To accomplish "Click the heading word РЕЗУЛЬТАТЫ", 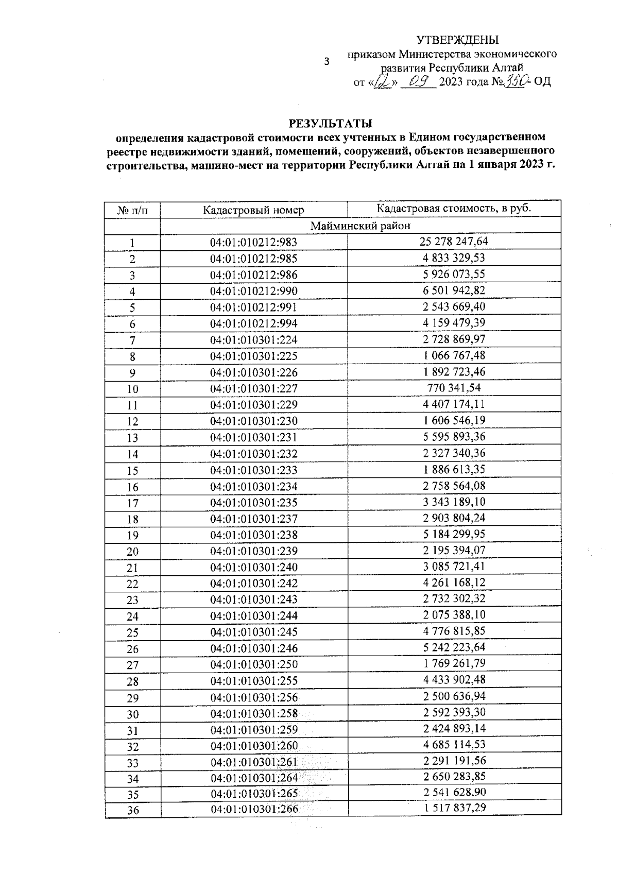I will (x=330, y=124).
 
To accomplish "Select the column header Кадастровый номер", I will (x=253, y=210).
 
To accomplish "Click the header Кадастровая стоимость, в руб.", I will (x=454, y=208).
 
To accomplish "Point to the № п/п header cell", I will (x=132, y=210).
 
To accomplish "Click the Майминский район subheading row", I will (x=360, y=226).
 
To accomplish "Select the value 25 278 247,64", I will (x=454, y=241).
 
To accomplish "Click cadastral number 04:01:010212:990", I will (x=253, y=291).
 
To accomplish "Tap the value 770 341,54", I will (x=454, y=387).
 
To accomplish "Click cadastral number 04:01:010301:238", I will (x=254, y=535).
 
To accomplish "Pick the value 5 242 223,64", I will (x=454, y=647).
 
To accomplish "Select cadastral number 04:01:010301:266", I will (x=254, y=810).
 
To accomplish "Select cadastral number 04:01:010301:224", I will (x=253, y=340).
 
